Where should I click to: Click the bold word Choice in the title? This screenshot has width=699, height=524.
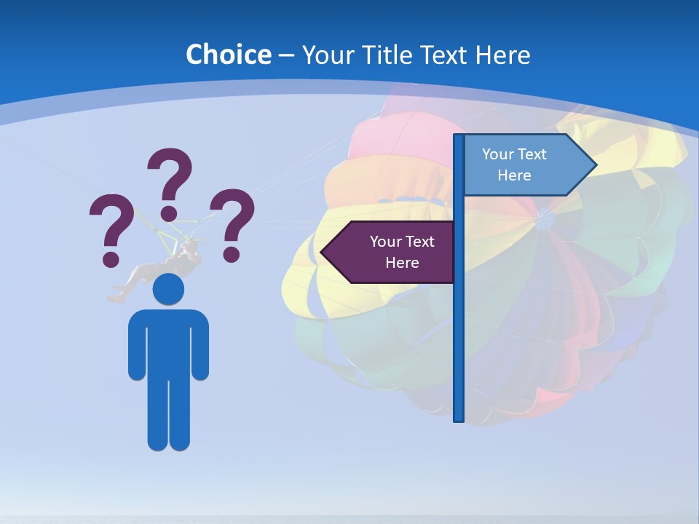coord(228,55)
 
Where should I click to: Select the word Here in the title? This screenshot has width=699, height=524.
coord(502,55)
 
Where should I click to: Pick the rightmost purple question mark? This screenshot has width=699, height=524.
coord(233,223)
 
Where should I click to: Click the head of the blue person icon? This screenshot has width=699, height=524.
coord(168,289)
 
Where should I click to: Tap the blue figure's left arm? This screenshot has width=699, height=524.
coord(137,346)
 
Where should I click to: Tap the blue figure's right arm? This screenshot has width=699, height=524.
coord(200,346)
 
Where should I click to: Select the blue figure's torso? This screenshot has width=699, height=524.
coord(168,342)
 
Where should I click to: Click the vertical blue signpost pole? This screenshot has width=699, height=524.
coord(459,327)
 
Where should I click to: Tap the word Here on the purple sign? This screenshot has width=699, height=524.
coord(402,263)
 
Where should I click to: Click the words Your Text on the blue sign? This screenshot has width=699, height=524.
coord(514,154)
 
